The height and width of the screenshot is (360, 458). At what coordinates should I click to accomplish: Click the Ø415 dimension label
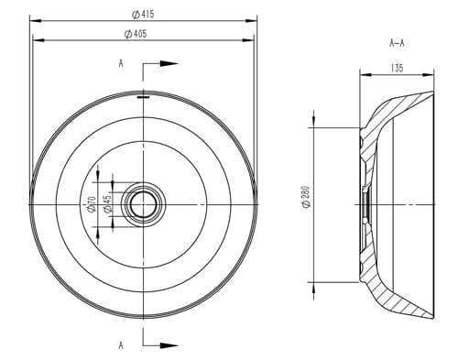[x=143, y=14]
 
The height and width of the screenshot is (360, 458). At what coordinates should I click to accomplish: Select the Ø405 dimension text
[x=136, y=34]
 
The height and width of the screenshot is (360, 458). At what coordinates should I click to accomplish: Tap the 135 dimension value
[x=397, y=68]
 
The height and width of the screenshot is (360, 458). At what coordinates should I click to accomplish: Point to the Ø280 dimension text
[x=306, y=197]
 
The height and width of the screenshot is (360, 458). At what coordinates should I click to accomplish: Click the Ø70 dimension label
[x=92, y=204]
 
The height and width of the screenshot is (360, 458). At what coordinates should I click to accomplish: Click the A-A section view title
[x=397, y=43]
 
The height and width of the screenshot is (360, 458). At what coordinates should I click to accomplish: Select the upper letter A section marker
[x=121, y=63]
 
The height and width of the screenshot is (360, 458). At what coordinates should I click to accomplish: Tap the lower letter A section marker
[x=121, y=345]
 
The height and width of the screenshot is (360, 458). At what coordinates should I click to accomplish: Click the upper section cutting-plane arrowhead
[x=169, y=63]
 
